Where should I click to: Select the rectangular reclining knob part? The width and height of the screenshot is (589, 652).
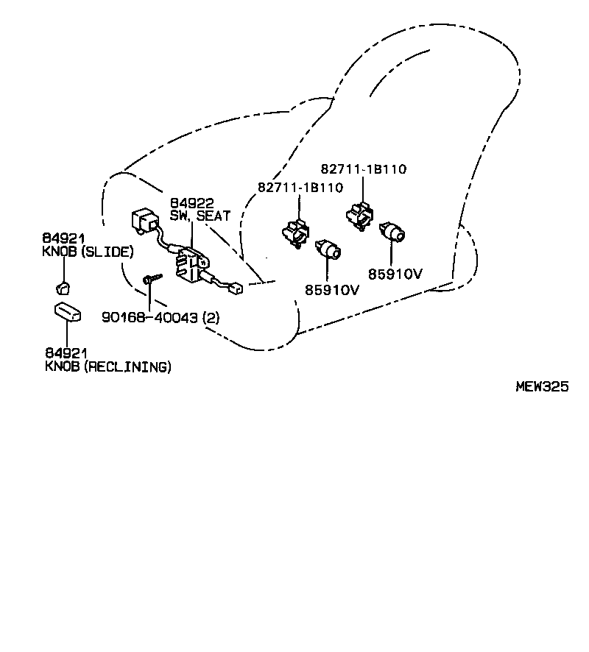coord(66,313)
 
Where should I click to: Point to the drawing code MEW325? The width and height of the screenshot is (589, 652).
coord(541,386)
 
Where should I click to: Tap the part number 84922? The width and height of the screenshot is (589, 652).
coord(192,202)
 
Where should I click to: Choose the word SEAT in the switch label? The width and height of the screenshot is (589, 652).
coord(214,216)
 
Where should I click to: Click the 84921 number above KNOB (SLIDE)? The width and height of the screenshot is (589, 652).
coord(63,238)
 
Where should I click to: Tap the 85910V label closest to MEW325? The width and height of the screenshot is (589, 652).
coord(395,274)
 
